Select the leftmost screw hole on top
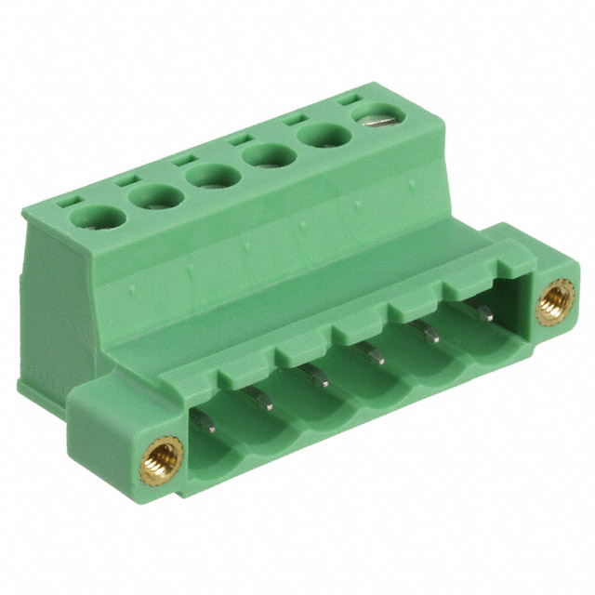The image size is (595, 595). [97, 218]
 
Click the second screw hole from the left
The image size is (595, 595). [155, 196]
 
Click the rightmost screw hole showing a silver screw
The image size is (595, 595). [379, 117]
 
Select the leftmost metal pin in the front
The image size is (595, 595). [205, 424]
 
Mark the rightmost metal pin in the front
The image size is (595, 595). [481, 313]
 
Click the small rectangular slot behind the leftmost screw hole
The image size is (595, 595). [68, 199]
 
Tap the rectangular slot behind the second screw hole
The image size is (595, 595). [126, 177]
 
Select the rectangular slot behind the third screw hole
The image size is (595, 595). [183, 157]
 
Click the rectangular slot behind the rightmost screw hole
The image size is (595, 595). [350, 98]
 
